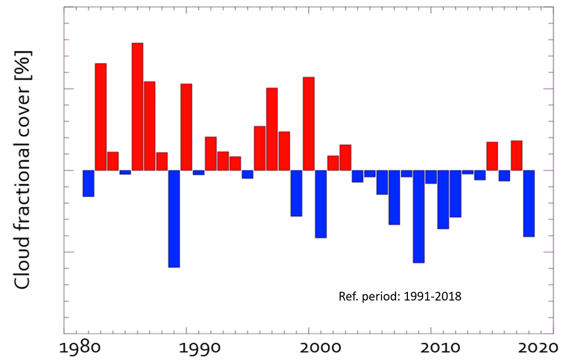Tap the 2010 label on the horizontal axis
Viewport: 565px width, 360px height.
[x=431, y=345]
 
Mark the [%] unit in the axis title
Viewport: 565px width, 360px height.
[x=23, y=64]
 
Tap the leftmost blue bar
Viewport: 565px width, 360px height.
[x=88, y=183]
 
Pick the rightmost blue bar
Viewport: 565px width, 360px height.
[x=529, y=203]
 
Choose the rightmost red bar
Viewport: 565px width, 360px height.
[x=516, y=155]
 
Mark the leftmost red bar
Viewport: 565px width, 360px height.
[x=101, y=116]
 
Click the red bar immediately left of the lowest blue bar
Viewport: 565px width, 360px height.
[x=162, y=161]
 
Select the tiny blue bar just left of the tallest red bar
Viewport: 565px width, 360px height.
[x=125, y=172]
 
